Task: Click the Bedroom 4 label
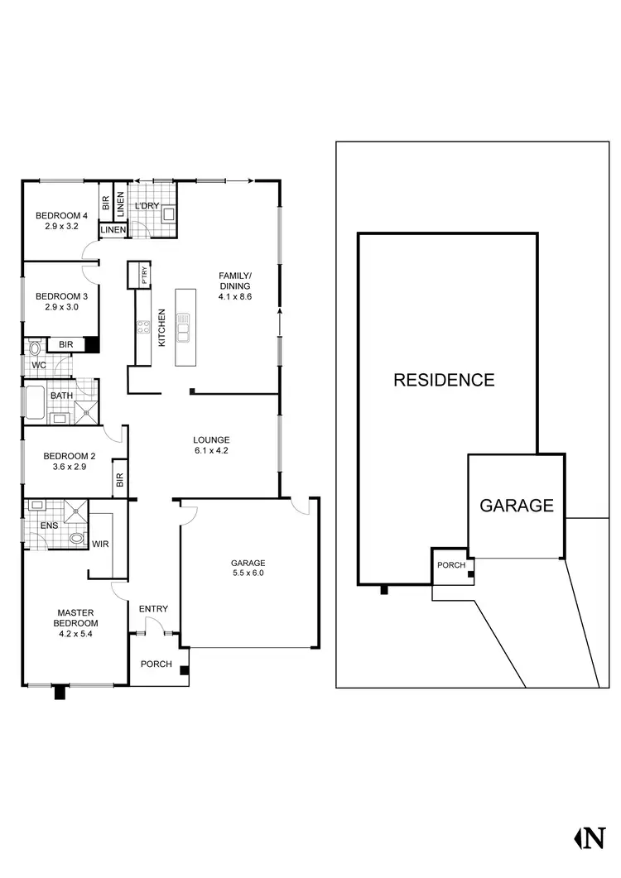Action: pos(56,216)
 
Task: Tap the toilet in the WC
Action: pos(34,348)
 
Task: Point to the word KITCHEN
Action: pos(162,327)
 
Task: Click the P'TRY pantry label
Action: pos(144,275)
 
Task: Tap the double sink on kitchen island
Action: pos(184,328)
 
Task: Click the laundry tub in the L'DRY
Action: pos(169,214)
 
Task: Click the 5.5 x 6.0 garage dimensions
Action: pos(248,573)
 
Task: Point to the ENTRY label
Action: pos(153,609)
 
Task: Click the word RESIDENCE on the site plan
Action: pos(444,381)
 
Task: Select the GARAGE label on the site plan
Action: pos(517,506)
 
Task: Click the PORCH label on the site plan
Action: pos(451,565)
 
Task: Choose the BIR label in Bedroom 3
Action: pos(64,345)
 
